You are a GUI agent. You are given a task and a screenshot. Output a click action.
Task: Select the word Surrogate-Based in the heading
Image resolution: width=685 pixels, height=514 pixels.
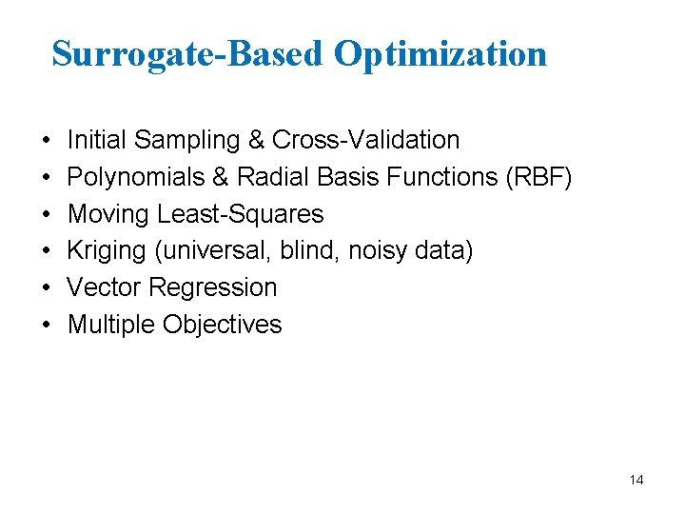coord(187,53)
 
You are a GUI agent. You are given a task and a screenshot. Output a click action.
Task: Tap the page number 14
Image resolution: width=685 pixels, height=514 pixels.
coord(636,481)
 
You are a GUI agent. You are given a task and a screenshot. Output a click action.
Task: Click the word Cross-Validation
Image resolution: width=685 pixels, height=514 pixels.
coord(365,140)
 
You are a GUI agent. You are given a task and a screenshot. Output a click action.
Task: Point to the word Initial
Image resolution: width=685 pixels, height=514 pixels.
coord(97,140)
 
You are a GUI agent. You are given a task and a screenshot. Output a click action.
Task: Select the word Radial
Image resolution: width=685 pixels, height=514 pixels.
coord(272,177)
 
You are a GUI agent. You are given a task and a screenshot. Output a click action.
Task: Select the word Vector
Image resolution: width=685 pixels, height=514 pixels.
coord(102,287)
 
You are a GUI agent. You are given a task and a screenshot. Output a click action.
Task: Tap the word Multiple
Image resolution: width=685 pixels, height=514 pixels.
coord(111,325)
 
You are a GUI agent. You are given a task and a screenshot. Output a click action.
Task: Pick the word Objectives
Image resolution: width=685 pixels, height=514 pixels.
coord(223,325)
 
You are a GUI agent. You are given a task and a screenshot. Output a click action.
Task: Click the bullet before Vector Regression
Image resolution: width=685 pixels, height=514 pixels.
coord(47,287)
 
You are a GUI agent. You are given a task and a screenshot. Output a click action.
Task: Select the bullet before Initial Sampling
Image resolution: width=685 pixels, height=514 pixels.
coord(47,140)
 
